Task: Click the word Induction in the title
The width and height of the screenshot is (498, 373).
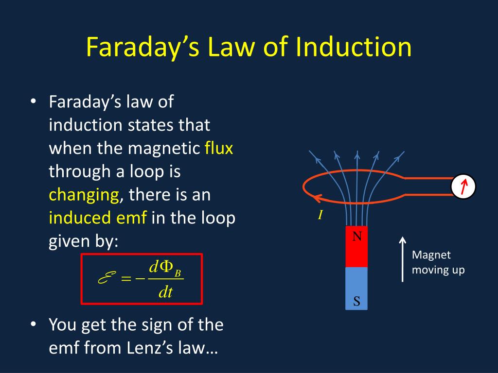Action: (354, 47)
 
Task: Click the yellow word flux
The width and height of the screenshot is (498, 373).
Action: (219, 148)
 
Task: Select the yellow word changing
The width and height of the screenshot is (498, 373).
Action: (84, 195)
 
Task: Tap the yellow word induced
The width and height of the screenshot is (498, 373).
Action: (80, 218)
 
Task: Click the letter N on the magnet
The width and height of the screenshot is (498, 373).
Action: (357, 237)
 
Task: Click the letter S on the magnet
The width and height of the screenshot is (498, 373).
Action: (356, 301)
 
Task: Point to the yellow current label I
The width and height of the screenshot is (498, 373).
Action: (320, 215)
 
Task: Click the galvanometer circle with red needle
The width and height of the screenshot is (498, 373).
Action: (463, 186)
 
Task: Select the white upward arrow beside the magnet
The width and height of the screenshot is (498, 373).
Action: (402, 259)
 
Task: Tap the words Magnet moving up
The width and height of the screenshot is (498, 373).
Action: (438, 262)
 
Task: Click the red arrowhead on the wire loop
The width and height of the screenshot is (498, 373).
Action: (317, 199)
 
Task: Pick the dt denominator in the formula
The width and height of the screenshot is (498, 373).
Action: (166, 291)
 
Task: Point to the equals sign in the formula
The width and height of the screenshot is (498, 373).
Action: (126, 279)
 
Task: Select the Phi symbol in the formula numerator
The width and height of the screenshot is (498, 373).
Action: (166, 267)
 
